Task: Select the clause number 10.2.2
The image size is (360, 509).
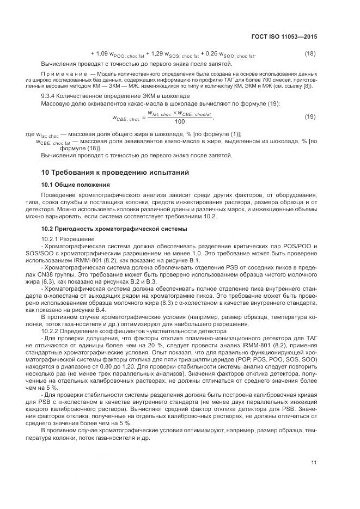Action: click(x=52, y=332)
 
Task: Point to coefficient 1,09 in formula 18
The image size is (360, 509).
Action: click(x=102, y=53)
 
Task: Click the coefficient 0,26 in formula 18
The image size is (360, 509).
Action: click(x=210, y=53)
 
